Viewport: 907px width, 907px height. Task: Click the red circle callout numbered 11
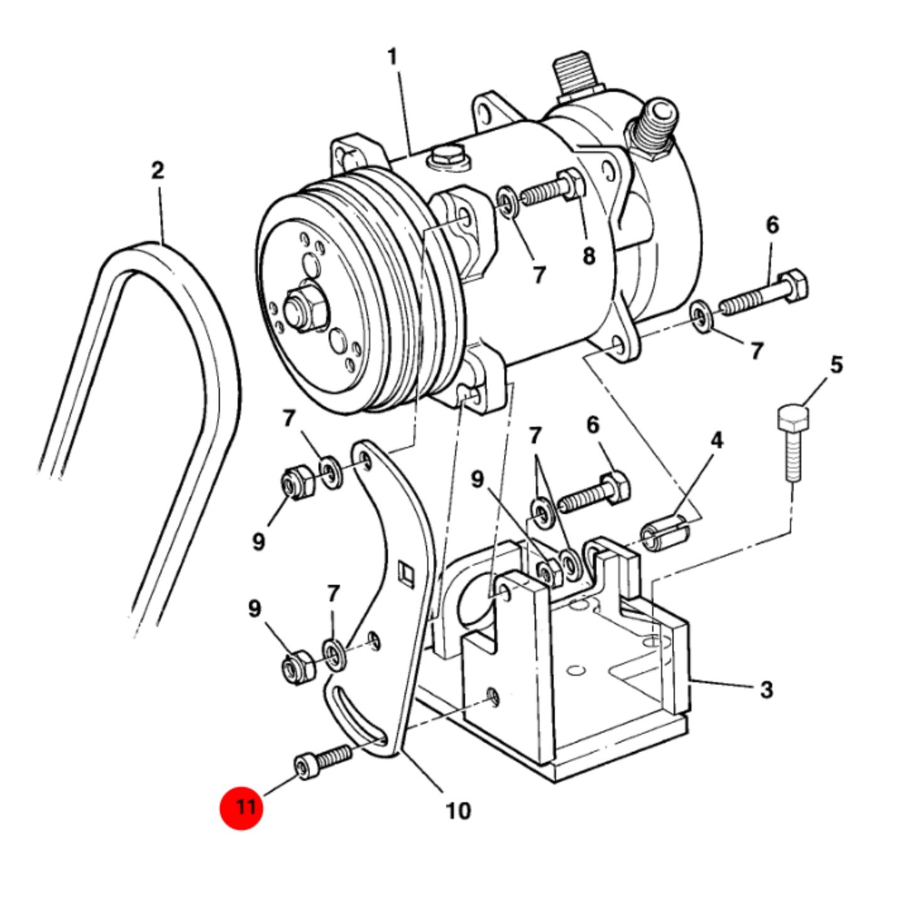pos(240,808)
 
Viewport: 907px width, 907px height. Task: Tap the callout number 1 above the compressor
pos(392,57)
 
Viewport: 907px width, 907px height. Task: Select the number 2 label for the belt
pos(158,170)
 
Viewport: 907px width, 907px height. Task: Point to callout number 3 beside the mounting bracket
pos(767,690)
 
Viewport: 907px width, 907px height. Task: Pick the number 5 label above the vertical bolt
pos(836,365)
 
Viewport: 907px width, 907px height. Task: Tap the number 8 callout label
pos(589,257)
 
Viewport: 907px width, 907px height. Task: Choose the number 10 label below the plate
pos(458,810)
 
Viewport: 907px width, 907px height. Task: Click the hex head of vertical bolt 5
pos(793,417)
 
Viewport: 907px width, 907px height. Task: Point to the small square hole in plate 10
pos(405,571)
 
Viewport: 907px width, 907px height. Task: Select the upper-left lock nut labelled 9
pos(298,483)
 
